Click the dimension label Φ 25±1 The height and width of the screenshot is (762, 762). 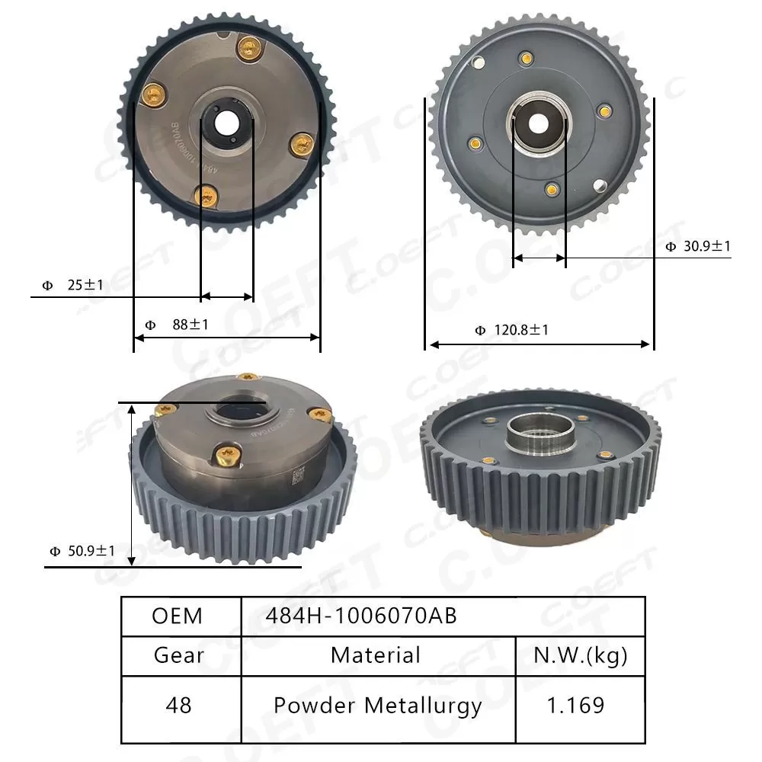[73, 285]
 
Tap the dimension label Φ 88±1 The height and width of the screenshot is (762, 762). [176, 325]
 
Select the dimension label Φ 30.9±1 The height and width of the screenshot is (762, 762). [697, 246]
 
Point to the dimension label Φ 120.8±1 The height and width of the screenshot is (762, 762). [511, 330]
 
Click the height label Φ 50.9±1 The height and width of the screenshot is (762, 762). [82, 550]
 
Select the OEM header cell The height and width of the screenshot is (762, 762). [178, 616]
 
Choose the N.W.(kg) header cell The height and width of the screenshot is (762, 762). [580, 655]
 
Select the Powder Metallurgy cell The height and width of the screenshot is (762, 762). [378, 705]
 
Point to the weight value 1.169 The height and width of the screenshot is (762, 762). [580, 705]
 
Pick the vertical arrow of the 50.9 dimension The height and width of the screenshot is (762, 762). [133, 485]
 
